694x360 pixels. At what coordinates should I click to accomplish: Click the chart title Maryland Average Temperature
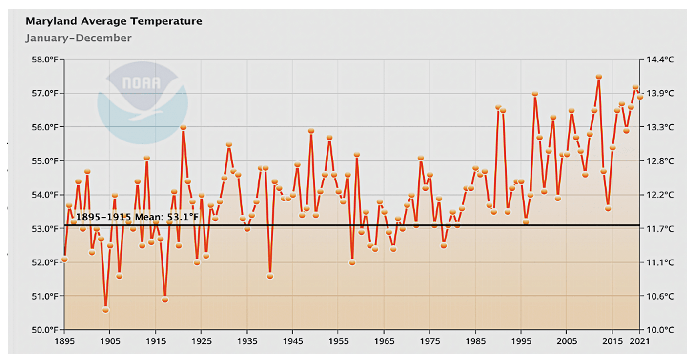click(x=114, y=21)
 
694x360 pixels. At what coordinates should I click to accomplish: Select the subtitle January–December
click(x=79, y=38)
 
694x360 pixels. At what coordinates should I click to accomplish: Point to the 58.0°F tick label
click(x=45, y=60)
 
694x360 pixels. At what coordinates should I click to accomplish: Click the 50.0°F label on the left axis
click(x=45, y=330)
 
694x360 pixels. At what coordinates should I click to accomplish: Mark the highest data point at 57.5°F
click(x=599, y=77)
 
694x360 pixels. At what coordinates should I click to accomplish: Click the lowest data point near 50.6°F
click(x=105, y=310)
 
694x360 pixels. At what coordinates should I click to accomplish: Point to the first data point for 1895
click(x=64, y=259)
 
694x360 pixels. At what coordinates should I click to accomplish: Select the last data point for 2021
click(x=640, y=97)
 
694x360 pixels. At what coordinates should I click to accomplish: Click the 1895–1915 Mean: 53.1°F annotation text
click(x=138, y=217)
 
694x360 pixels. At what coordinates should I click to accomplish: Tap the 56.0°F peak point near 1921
click(x=183, y=127)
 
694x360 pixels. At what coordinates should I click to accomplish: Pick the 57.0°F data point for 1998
click(x=535, y=93)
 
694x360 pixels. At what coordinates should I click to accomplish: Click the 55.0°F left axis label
click(x=45, y=161)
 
